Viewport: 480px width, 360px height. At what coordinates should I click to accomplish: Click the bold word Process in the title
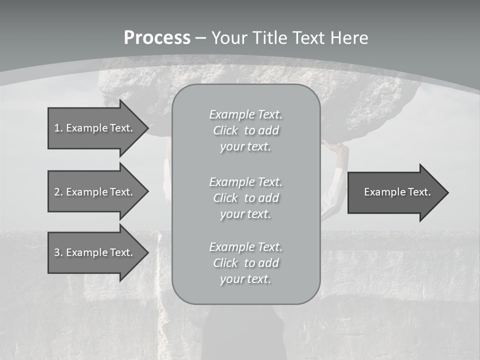[157, 38]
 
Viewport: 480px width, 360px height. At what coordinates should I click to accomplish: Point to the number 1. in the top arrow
[58, 128]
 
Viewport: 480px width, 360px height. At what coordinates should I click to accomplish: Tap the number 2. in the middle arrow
[58, 192]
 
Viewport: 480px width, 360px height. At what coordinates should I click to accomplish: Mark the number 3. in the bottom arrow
[58, 252]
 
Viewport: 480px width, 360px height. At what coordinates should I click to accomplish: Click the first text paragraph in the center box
[245, 130]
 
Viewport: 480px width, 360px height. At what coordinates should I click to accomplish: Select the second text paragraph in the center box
[245, 198]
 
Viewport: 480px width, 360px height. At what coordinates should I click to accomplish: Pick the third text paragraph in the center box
[245, 263]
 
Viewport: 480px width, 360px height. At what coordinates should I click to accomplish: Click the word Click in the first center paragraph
[225, 130]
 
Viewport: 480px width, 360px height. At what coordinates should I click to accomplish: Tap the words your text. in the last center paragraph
[245, 279]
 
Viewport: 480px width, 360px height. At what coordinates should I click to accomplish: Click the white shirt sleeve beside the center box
[333, 192]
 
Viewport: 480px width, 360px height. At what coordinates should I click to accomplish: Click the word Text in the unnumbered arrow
[420, 192]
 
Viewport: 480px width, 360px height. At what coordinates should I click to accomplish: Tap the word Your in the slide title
[229, 38]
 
